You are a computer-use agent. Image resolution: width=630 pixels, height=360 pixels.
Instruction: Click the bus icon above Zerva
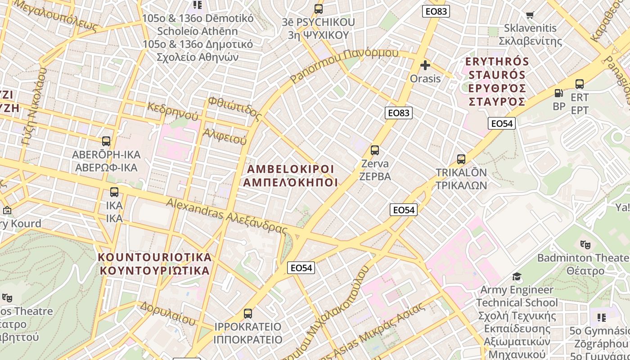[374, 150]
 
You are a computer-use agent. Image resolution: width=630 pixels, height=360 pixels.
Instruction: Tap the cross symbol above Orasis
[425, 66]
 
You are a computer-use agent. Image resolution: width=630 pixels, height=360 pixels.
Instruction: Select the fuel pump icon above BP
[558, 93]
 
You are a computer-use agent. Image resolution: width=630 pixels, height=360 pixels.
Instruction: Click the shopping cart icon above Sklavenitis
[530, 15]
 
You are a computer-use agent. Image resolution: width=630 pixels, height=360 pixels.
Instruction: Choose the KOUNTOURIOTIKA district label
[154, 264]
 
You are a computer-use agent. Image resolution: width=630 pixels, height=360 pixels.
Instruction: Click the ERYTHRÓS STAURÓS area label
[497, 81]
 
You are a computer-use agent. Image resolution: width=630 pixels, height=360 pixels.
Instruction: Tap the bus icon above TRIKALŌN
[461, 159]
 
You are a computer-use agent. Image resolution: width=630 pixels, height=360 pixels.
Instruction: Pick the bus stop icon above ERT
[580, 84]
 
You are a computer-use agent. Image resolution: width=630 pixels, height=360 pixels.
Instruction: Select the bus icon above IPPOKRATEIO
[247, 313]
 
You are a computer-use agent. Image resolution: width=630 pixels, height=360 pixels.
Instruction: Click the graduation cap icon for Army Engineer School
[517, 276]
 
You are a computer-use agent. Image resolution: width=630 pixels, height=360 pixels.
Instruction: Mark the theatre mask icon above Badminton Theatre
[585, 244]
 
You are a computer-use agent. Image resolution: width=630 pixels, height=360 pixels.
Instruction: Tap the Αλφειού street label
[225, 136]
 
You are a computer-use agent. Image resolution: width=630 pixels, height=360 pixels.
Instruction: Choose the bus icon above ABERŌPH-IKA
[106, 141]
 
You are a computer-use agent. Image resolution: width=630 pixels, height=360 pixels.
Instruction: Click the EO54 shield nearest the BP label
[501, 123]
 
